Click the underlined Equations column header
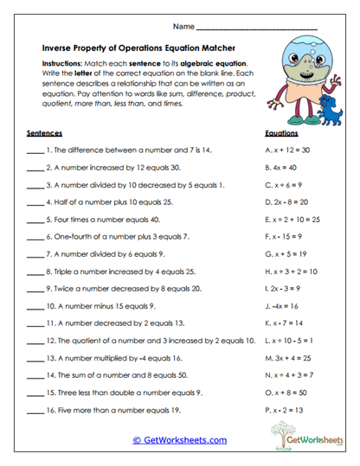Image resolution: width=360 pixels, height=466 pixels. tap(282, 134)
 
